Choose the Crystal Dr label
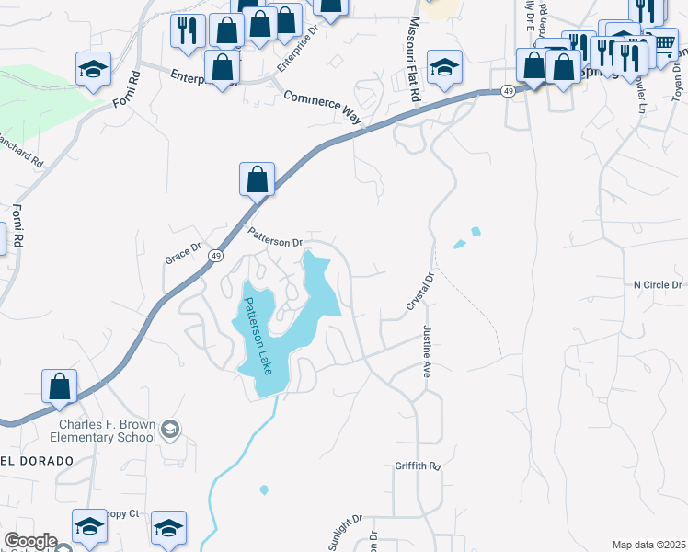coord(420,291)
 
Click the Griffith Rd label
coord(419,466)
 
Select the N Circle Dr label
coord(658,285)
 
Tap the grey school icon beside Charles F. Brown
coord(169,429)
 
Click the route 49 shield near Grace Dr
coord(214,256)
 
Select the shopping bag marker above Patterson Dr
coord(258,178)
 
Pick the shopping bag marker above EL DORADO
coord(59,386)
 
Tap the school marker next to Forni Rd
coord(93,69)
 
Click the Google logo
coord(29,542)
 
